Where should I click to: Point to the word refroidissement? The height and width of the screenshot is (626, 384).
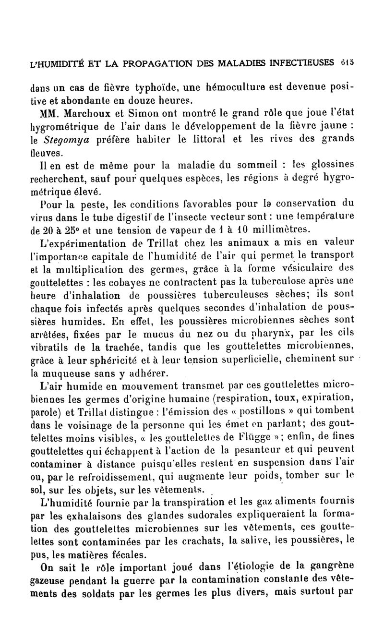coord(125,478)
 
